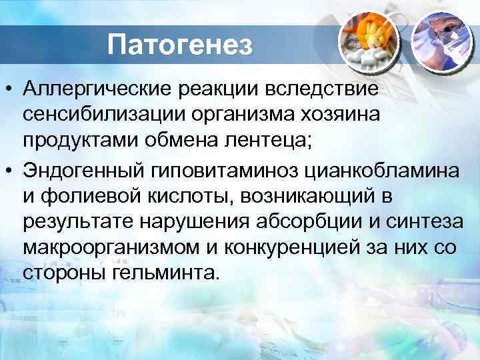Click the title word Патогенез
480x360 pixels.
pyautogui.click(x=181, y=45)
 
